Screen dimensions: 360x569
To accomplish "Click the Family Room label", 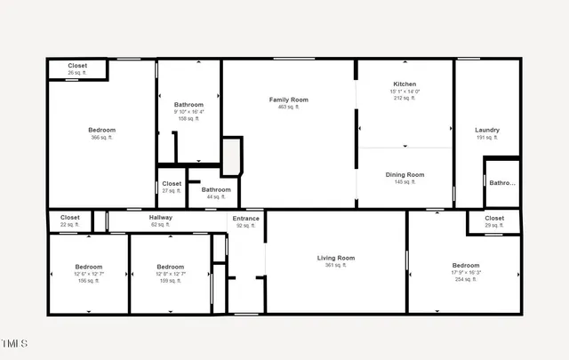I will pyautogui.click(x=289, y=100).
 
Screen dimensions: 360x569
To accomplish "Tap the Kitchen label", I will pyautogui.click(x=405, y=84).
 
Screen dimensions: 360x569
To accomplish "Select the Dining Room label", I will pyautogui.click(x=405, y=174).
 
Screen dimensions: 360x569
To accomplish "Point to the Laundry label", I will pyautogui.click(x=487, y=130).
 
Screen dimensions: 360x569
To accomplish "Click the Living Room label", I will pyautogui.click(x=336, y=258).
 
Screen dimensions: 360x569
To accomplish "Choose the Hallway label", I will pyautogui.click(x=161, y=217).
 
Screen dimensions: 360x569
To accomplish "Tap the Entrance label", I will pyautogui.click(x=246, y=218).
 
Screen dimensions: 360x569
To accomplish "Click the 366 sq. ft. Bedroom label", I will pyautogui.click(x=101, y=130).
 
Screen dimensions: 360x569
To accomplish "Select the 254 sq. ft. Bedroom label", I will pyautogui.click(x=466, y=265).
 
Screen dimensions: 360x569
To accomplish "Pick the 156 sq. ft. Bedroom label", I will pyautogui.click(x=88, y=267).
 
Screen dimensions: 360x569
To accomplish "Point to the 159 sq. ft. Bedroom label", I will pyautogui.click(x=170, y=267).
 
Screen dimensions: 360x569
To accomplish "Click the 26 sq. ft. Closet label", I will pyautogui.click(x=77, y=66).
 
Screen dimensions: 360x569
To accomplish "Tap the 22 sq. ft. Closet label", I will pyautogui.click(x=70, y=217).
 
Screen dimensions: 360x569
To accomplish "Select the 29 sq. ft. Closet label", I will pyautogui.click(x=494, y=218).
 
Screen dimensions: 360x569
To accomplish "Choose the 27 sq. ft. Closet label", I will pyautogui.click(x=172, y=183).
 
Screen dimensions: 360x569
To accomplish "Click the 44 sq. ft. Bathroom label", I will pyautogui.click(x=216, y=189).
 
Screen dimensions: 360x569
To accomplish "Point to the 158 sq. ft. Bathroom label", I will pyautogui.click(x=188, y=104).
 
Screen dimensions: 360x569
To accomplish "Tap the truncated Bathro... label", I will pyautogui.click(x=502, y=182).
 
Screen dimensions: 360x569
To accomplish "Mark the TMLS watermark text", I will pyautogui.click(x=15, y=343).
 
